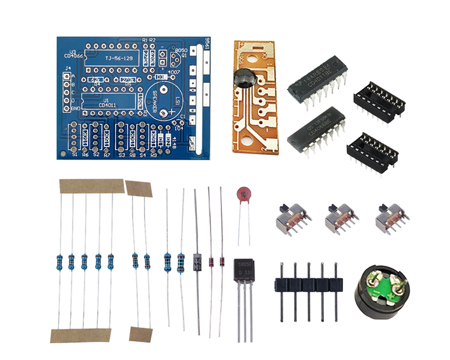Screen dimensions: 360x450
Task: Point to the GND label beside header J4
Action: point(75,109)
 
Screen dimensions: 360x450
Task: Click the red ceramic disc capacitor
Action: point(242,194)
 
